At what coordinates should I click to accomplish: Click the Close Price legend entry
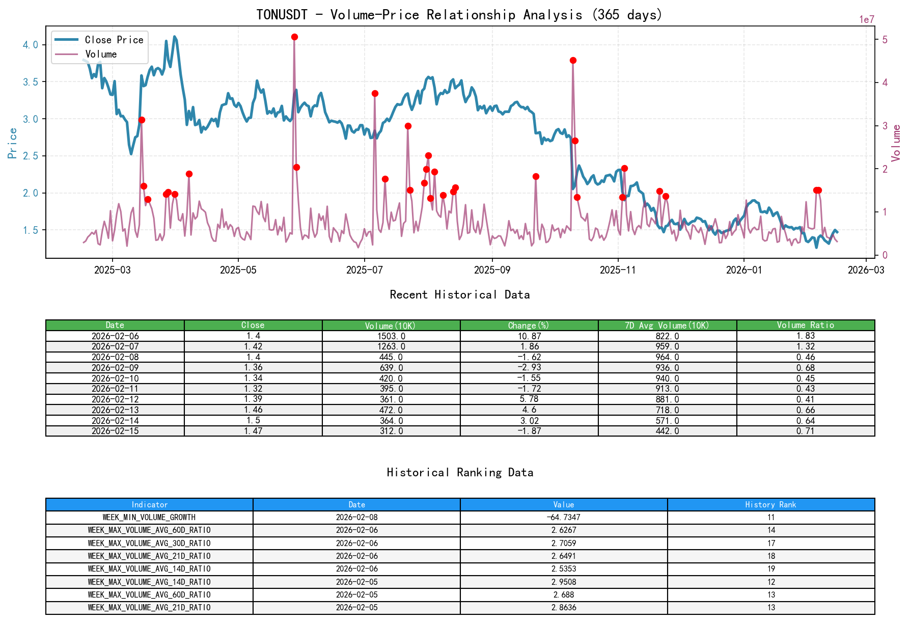point(114,40)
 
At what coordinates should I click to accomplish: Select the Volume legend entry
point(101,54)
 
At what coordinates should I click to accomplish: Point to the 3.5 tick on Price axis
point(30,82)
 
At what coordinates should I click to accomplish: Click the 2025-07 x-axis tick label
point(364,270)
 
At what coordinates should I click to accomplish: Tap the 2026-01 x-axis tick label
point(743,270)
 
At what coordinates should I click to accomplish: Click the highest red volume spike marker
point(294,37)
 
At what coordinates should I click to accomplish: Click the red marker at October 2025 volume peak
point(573,60)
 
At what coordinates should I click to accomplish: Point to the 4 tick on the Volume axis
point(885,83)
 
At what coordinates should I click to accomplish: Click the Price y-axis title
point(13,143)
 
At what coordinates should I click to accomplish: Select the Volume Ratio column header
point(805,325)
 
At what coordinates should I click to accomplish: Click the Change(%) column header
point(529,325)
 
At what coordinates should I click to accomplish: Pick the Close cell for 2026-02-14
point(253,421)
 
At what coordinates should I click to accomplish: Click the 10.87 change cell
point(529,336)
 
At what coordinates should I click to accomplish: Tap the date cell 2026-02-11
point(115,389)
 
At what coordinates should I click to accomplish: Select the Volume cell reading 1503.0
point(391,336)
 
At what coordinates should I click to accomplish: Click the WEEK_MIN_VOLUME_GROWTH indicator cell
point(149,518)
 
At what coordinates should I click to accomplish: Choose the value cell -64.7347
point(564,518)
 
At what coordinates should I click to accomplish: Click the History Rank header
point(770,504)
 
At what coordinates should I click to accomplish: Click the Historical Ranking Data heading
point(460,472)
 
